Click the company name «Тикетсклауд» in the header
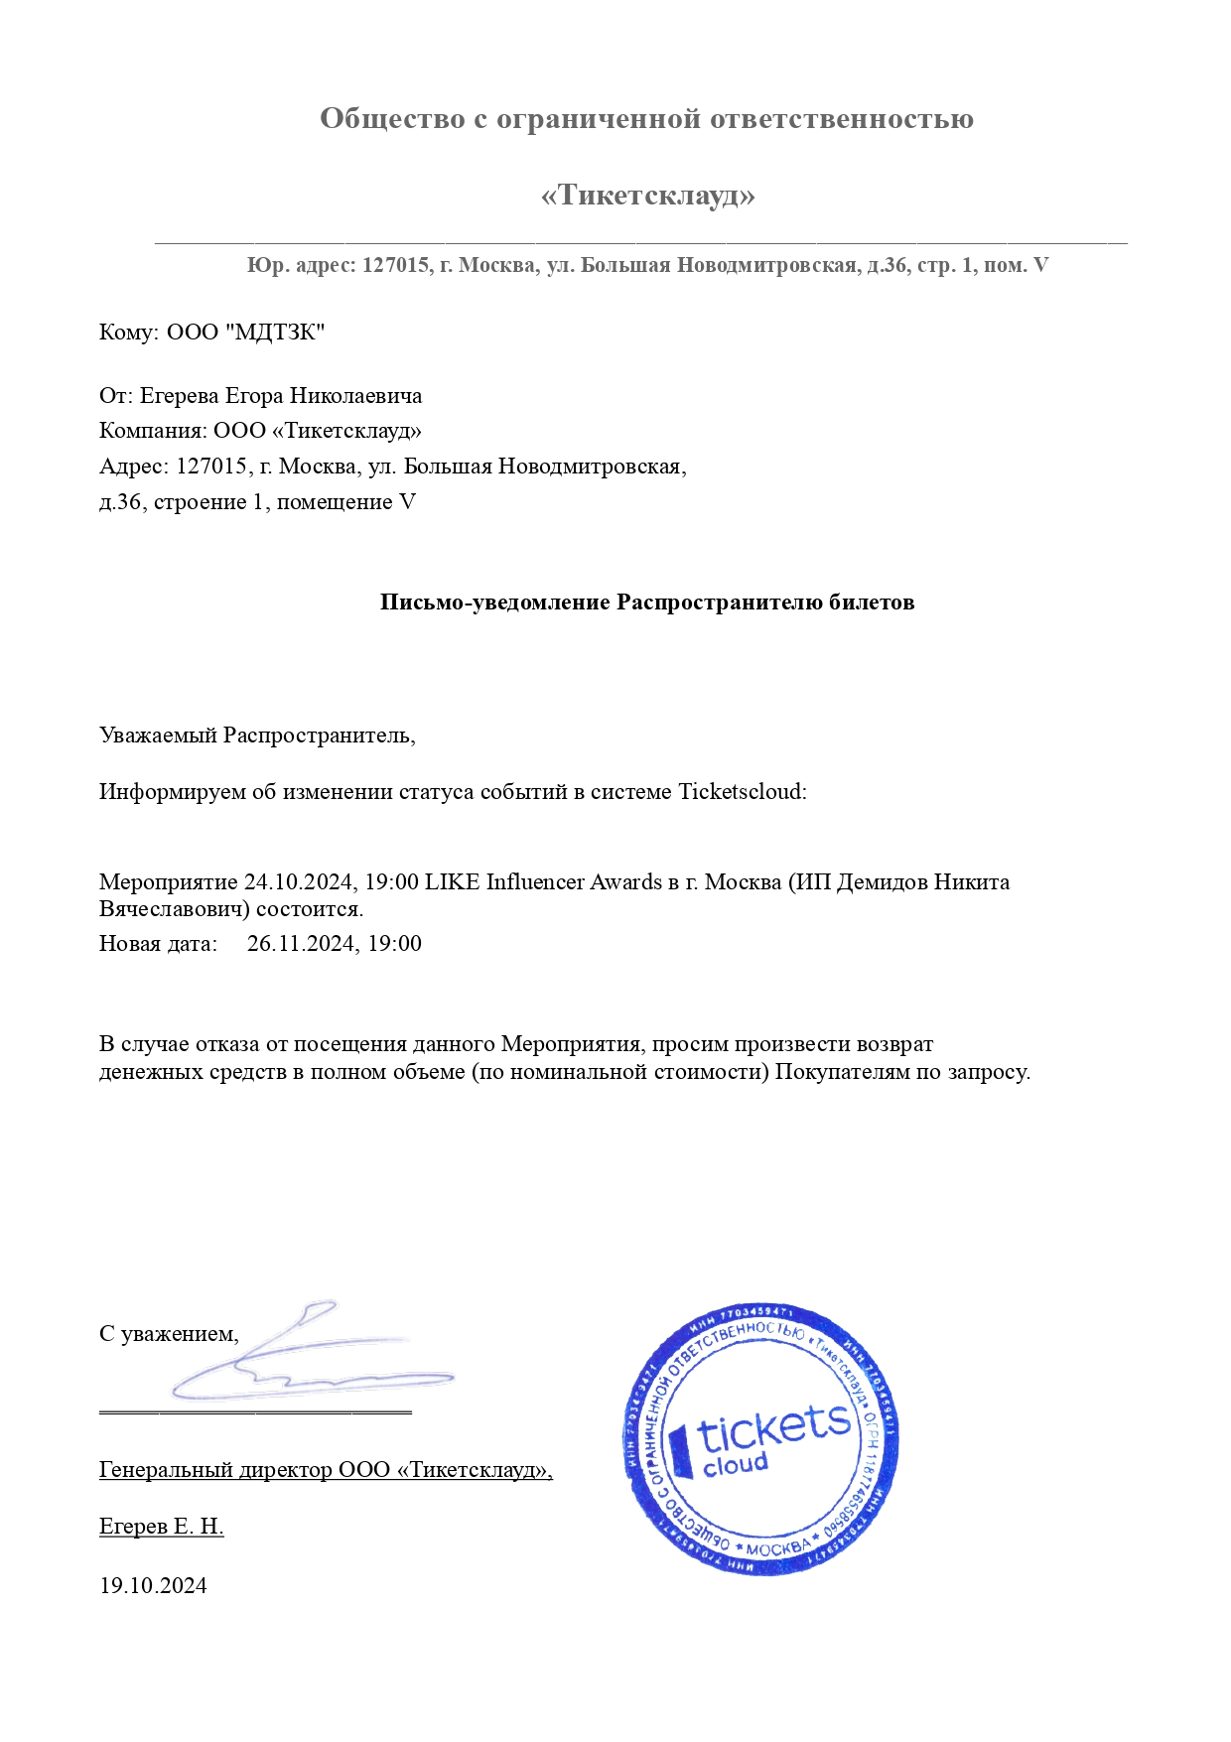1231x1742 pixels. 647,195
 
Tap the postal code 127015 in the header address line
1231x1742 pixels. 395,266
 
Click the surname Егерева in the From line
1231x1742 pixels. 180,396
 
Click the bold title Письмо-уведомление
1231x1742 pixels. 494,603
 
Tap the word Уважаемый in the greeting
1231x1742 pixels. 158,736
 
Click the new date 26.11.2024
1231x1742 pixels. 303,944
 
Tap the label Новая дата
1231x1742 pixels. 157,944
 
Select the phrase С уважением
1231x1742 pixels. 169,1334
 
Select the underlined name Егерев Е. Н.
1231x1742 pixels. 161,1527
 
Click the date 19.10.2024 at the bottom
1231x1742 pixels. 153,1585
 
